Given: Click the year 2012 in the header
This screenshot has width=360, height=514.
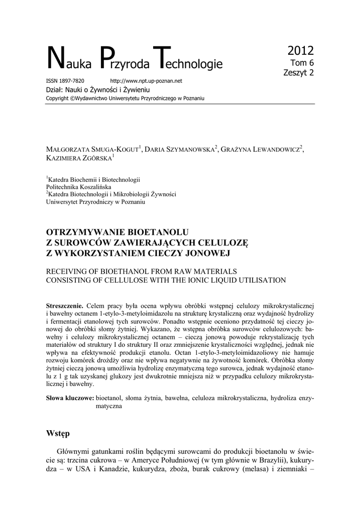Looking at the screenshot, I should [x=300, y=50].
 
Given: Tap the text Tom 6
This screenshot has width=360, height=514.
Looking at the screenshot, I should [x=302, y=63].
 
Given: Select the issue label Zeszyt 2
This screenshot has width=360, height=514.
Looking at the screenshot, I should [x=299, y=73].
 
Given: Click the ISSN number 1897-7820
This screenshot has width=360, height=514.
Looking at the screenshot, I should [x=72, y=81].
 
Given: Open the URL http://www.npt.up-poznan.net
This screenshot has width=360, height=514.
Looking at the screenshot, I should [x=146, y=81].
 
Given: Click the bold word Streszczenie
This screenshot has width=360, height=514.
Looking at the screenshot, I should [x=64, y=306].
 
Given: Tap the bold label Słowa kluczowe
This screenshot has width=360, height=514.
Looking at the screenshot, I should [x=69, y=399].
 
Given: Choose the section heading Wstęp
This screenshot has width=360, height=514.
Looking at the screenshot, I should [x=58, y=433].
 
